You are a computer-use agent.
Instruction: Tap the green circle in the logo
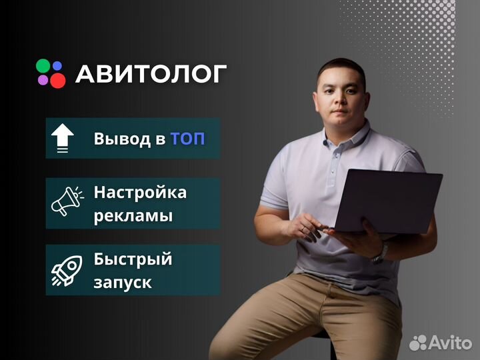(x=43, y=65)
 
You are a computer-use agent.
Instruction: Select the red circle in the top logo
(x=58, y=80)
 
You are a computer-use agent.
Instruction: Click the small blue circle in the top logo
(x=57, y=65)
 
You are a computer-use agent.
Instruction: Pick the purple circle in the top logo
(x=43, y=80)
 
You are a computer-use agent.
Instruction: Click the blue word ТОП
(x=187, y=139)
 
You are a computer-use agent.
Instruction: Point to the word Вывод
(x=123, y=139)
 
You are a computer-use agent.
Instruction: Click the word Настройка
(x=140, y=193)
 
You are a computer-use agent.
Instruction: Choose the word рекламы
(x=133, y=217)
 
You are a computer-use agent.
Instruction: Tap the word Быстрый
(x=133, y=259)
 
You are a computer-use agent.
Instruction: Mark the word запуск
(x=123, y=283)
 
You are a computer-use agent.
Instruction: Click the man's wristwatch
(x=381, y=252)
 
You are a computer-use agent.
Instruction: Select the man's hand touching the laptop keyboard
(x=307, y=227)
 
